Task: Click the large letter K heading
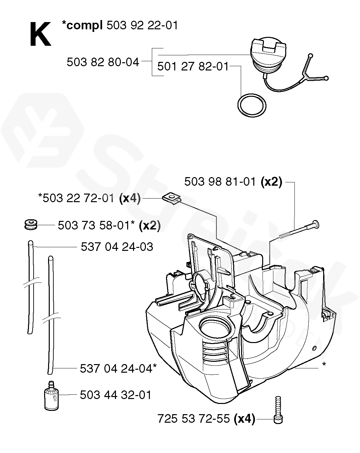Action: tap(40, 34)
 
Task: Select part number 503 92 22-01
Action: tap(142, 25)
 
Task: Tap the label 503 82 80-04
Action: tap(103, 62)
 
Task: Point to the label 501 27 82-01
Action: tap(193, 67)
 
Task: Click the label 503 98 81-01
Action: tap(220, 182)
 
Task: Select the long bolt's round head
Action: tap(315, 224)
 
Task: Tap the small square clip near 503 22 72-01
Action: tap(171, 198)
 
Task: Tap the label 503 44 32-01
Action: tap(115, 395)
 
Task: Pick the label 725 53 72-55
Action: tap(194, 419)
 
